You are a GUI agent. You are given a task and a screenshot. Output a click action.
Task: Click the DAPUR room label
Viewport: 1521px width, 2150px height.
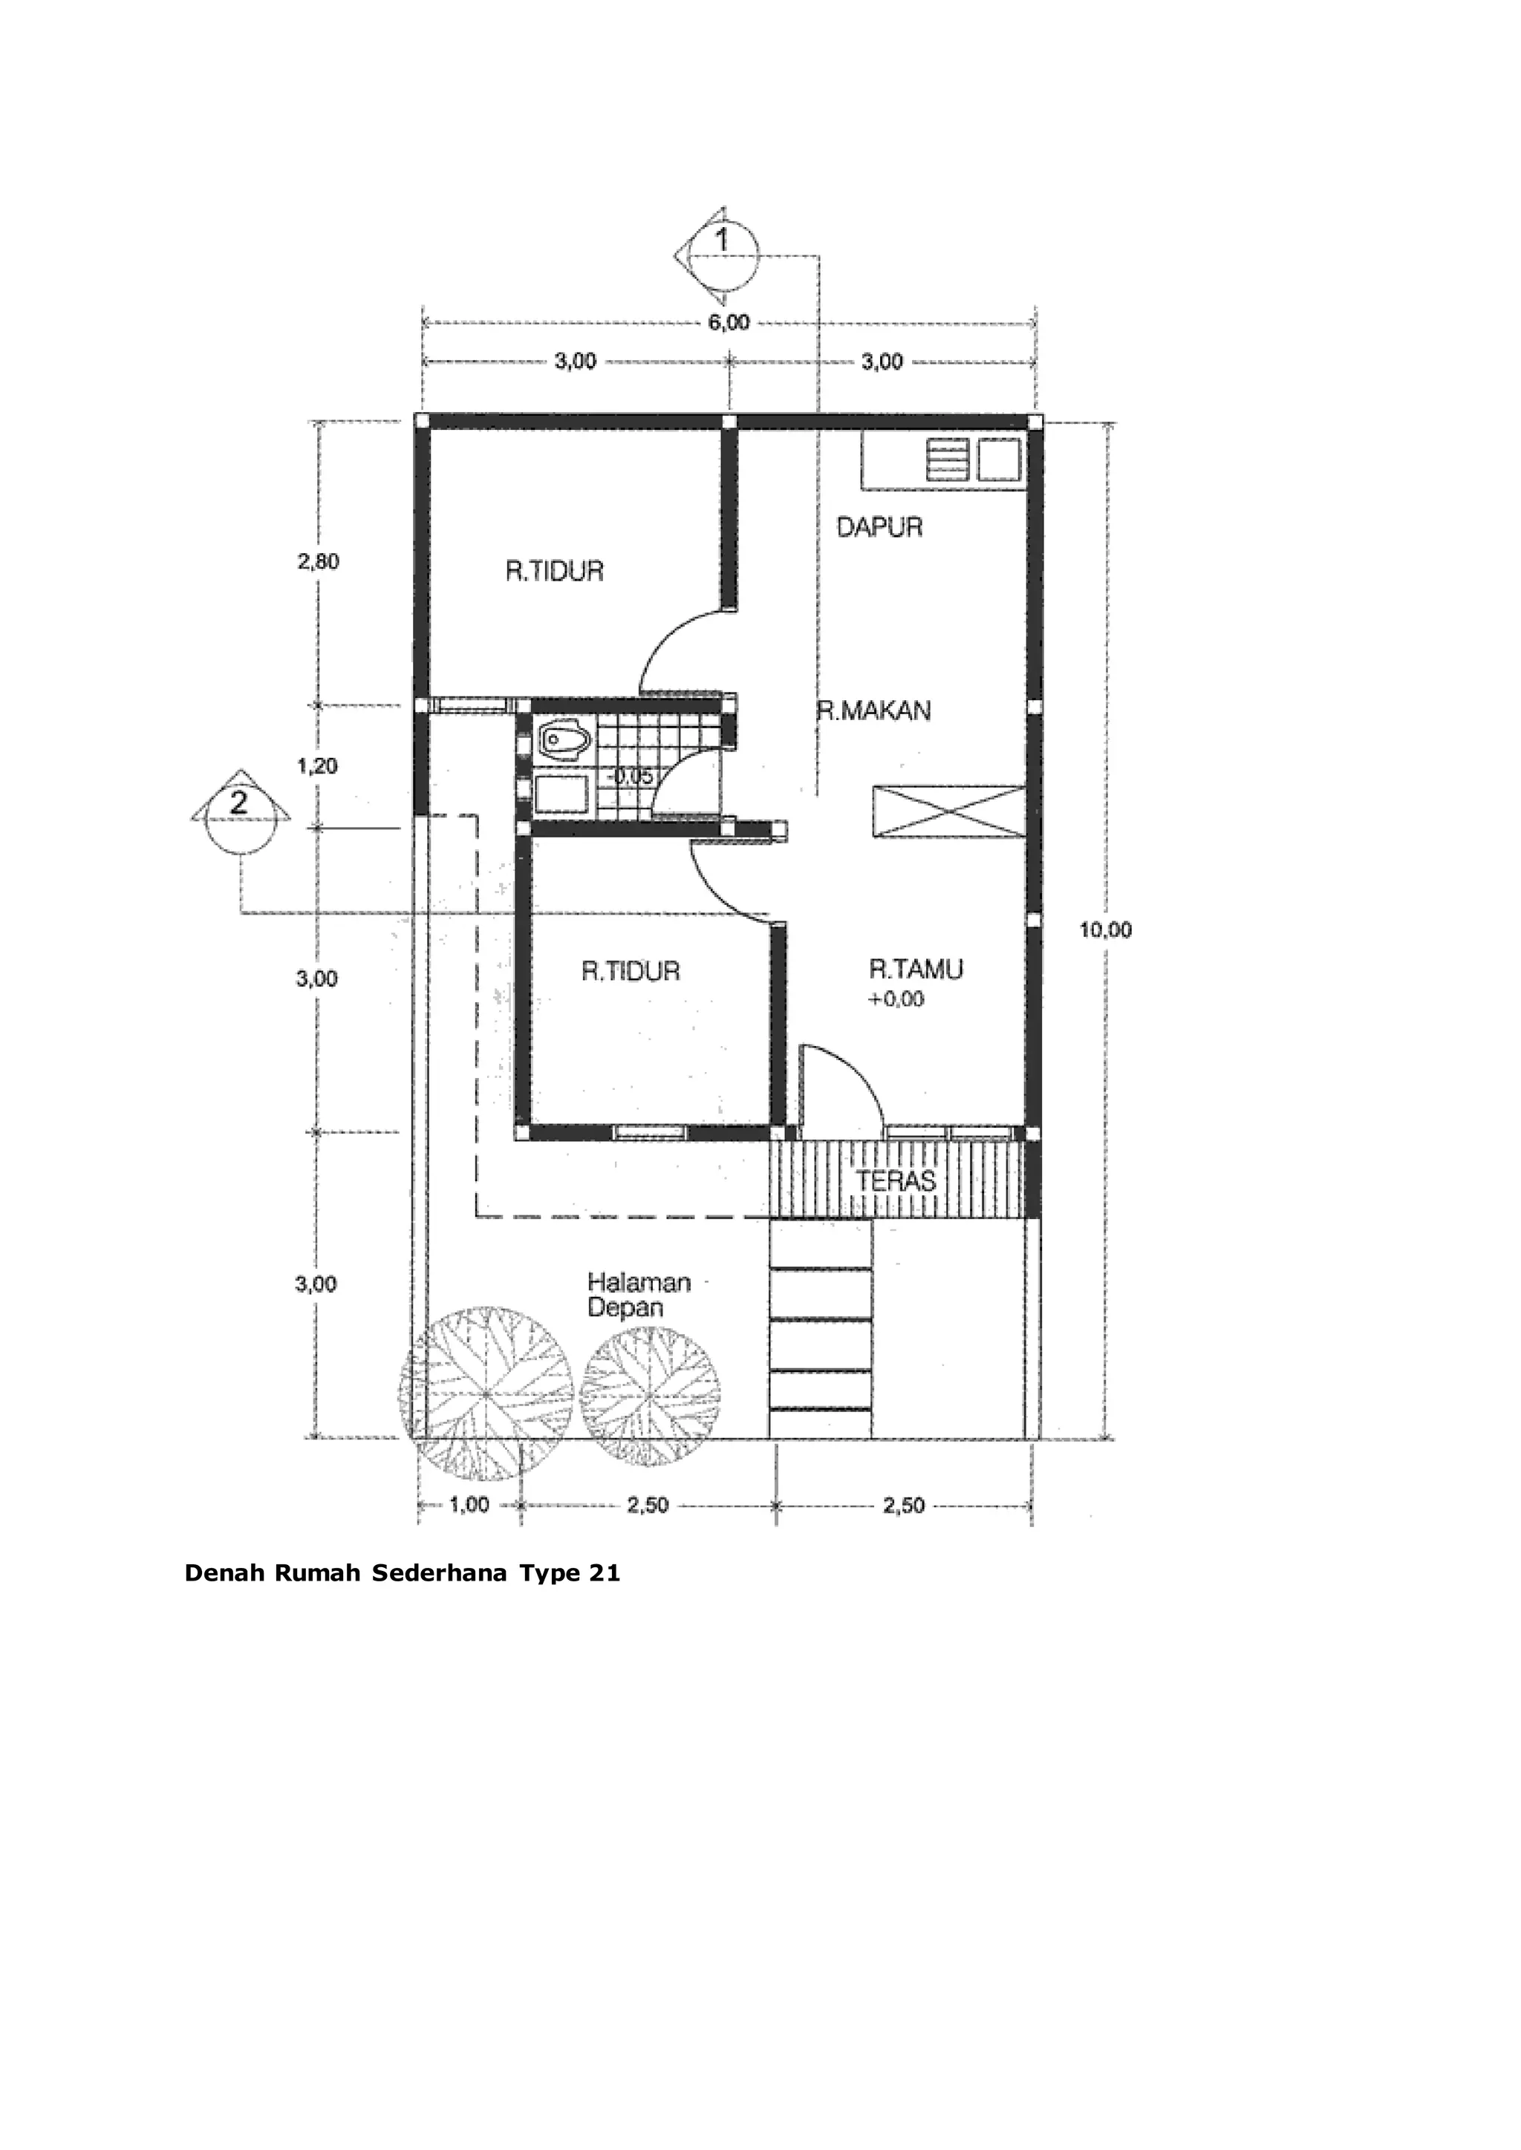(x=879, y=527)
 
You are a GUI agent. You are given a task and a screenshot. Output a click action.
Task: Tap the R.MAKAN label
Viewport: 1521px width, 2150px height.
(x=874, y=710)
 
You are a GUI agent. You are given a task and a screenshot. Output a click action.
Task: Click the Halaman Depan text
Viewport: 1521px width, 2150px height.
(x=639, y=1294)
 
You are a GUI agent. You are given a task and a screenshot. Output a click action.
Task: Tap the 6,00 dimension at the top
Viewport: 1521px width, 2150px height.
(x=728, y=322)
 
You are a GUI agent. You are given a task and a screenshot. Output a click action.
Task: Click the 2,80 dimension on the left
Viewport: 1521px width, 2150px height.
(x=319, y=562)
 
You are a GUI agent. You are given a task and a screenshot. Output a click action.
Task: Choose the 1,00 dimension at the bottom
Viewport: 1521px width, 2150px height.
(x=469, y=1505)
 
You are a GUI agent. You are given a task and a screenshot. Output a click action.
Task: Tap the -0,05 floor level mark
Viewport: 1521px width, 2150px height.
(x=631, y=777)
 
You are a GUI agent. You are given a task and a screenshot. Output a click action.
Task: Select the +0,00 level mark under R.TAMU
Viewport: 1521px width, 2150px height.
(x=896, y=999)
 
